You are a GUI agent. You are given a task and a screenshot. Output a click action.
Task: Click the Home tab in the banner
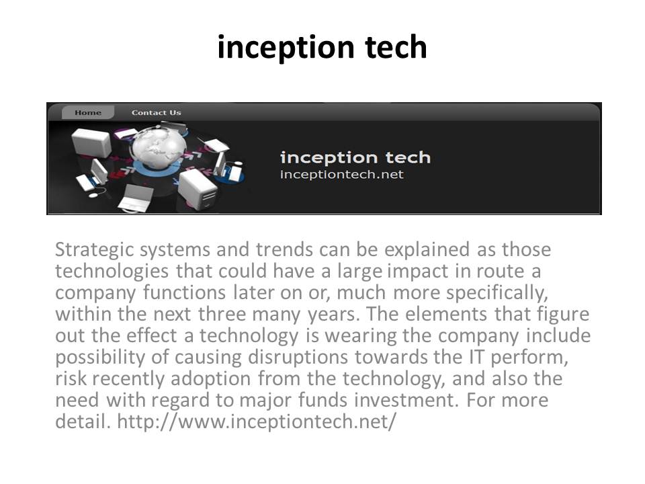(x=87, y=112)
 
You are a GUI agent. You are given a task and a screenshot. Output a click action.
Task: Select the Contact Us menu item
(x=157, y=112)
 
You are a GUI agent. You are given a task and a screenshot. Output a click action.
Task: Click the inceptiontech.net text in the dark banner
(x=341, y=175)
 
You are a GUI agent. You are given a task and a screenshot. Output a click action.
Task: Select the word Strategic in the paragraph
(x=95, y=250)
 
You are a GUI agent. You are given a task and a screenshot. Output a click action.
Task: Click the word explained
(x=427, y=250)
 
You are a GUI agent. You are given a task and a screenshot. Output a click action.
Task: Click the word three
(x=221, y=314)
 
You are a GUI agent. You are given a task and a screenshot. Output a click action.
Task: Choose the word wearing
(x=360, y=336)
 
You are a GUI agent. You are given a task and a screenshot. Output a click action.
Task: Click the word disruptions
(x=298, y=358)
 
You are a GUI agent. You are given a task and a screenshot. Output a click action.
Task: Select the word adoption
(x=210, y=379)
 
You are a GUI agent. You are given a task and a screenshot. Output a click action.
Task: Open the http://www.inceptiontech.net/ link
(x=257, y=421)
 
